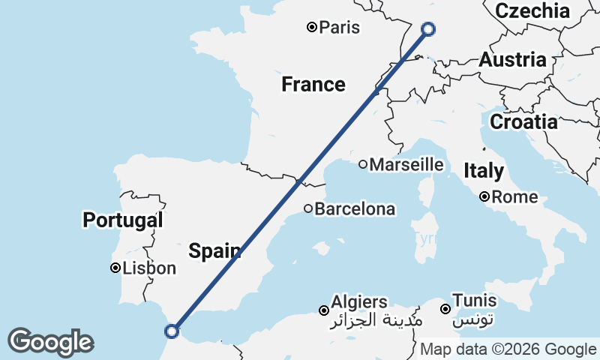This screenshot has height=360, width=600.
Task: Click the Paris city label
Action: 339,28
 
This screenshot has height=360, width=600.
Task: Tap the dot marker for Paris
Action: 312,28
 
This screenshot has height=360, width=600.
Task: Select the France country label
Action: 313,85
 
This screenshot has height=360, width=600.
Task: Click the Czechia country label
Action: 532,10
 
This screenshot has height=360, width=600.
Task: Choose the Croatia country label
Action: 523,121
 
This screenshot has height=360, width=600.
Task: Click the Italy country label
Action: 483,170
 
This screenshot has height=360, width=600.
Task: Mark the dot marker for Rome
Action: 485,197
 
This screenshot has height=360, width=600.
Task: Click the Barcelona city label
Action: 354,209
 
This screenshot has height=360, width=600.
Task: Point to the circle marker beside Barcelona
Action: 307,208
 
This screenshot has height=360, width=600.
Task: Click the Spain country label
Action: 214,250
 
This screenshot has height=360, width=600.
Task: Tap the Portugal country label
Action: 122,220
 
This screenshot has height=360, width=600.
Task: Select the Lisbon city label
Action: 150,268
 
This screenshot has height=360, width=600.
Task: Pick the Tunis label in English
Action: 475,300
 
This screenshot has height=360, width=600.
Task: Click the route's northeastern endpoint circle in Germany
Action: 428,29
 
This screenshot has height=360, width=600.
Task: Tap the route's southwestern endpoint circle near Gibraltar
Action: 172,331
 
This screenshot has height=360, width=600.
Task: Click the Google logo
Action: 50,342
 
